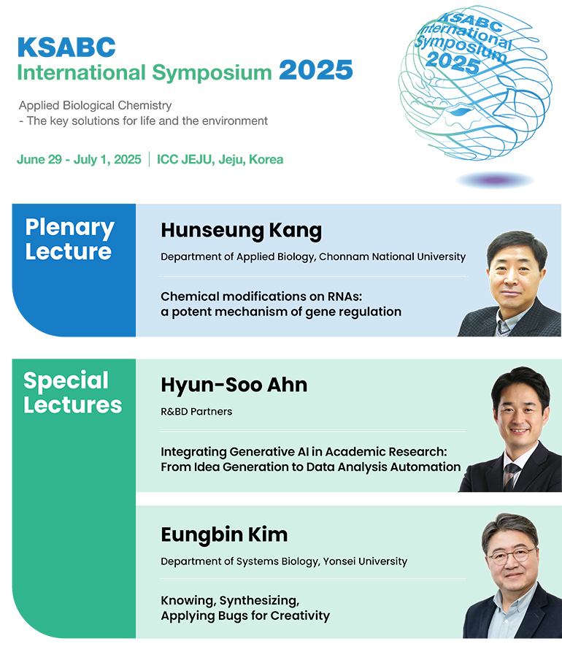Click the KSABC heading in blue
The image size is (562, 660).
point(66,47)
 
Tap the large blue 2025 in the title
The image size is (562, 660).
point(316,70)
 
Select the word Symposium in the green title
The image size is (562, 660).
point(212,72)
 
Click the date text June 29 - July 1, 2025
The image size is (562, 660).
point(79,160)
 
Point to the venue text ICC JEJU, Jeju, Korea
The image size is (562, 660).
point(220,160)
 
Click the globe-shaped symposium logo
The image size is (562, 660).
point(475,83)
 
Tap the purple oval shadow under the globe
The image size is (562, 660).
point(496,180)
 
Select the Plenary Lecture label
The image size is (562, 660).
point(69,239)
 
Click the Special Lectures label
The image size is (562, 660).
point(72,393)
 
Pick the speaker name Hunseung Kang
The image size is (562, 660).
point(242,231)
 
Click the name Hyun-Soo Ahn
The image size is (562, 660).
point(234,385)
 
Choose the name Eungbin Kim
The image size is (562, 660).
point(224,534)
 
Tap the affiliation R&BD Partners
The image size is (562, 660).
point(196,411)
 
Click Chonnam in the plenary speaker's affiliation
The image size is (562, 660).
point(339,256)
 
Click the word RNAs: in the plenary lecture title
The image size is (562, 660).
point(344,296)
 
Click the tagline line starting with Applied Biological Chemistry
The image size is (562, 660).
point(96,105)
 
